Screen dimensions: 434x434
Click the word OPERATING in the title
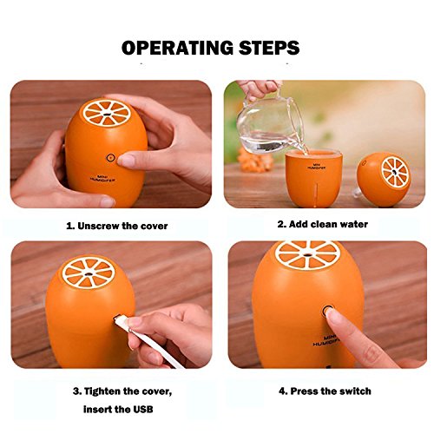pos(177,48)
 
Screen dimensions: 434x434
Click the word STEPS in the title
pos(269,48)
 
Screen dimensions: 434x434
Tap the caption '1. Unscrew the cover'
pos(117,226)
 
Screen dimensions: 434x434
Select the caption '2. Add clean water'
pos(323,224)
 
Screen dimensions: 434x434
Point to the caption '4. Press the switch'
pos(325,391)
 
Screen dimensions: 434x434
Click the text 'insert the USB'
pos(118,410)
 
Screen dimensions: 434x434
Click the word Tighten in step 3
pos(102,391)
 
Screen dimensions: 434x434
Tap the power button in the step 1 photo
pos(110,158)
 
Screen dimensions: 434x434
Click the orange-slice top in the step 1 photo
pos(107,113)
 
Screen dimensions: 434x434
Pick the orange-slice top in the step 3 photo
pos(89,273)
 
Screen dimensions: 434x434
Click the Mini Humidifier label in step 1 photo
pos(103,178)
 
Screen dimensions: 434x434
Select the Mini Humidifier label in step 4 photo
pos(326,341)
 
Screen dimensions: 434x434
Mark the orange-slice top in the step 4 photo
pos(309,254)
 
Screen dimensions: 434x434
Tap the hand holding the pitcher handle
pos(259,89)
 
